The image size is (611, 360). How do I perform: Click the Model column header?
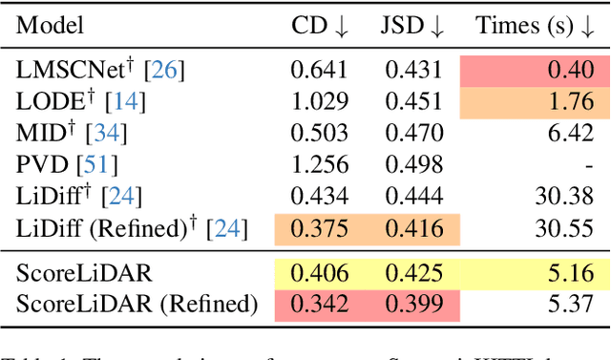pyautogui.click(x=50, y=26)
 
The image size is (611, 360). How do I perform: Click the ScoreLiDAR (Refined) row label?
pyautogui.click(x=137, y=305)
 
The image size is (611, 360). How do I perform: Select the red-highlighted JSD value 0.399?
pyautogui.click(x=413, y=305)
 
